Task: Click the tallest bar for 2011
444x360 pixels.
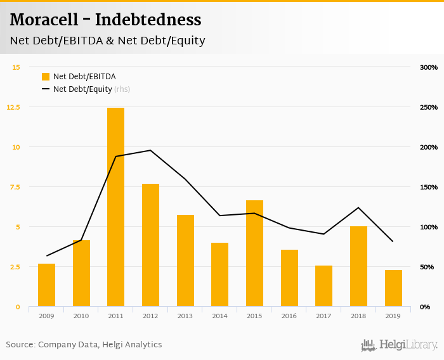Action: click(115, 207)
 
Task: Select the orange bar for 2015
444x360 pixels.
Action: click(254, 254)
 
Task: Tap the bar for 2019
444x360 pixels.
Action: click(393, 288)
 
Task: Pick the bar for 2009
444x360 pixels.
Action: click(46, 285)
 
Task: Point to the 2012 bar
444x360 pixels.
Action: click(150, 245)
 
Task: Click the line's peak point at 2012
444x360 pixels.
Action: click(150, 150)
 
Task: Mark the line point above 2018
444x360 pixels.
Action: click(358, 208)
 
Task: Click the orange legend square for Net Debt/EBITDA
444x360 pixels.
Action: click(46, 77)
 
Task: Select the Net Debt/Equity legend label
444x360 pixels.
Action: click(82, 89)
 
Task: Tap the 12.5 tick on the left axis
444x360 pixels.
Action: click(13, 107)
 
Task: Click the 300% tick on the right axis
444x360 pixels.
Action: click(429, 67)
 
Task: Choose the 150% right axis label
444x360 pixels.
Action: click(429, 187)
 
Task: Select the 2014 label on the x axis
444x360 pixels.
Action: click(219, 316)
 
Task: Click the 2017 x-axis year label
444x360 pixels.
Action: click(323, 316)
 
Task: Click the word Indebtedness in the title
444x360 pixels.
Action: click(148, 20)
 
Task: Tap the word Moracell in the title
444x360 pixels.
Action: click(44, 20)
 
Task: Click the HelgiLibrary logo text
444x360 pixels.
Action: click(408, 345)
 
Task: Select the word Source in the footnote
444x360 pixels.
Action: click(20, 345)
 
